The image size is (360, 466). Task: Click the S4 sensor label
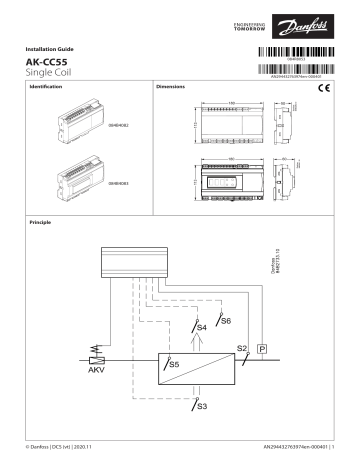click(x=201, y=327)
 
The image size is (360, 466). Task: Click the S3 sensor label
click(x=201, y=406)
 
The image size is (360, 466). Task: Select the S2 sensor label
click(x=241, y=349)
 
